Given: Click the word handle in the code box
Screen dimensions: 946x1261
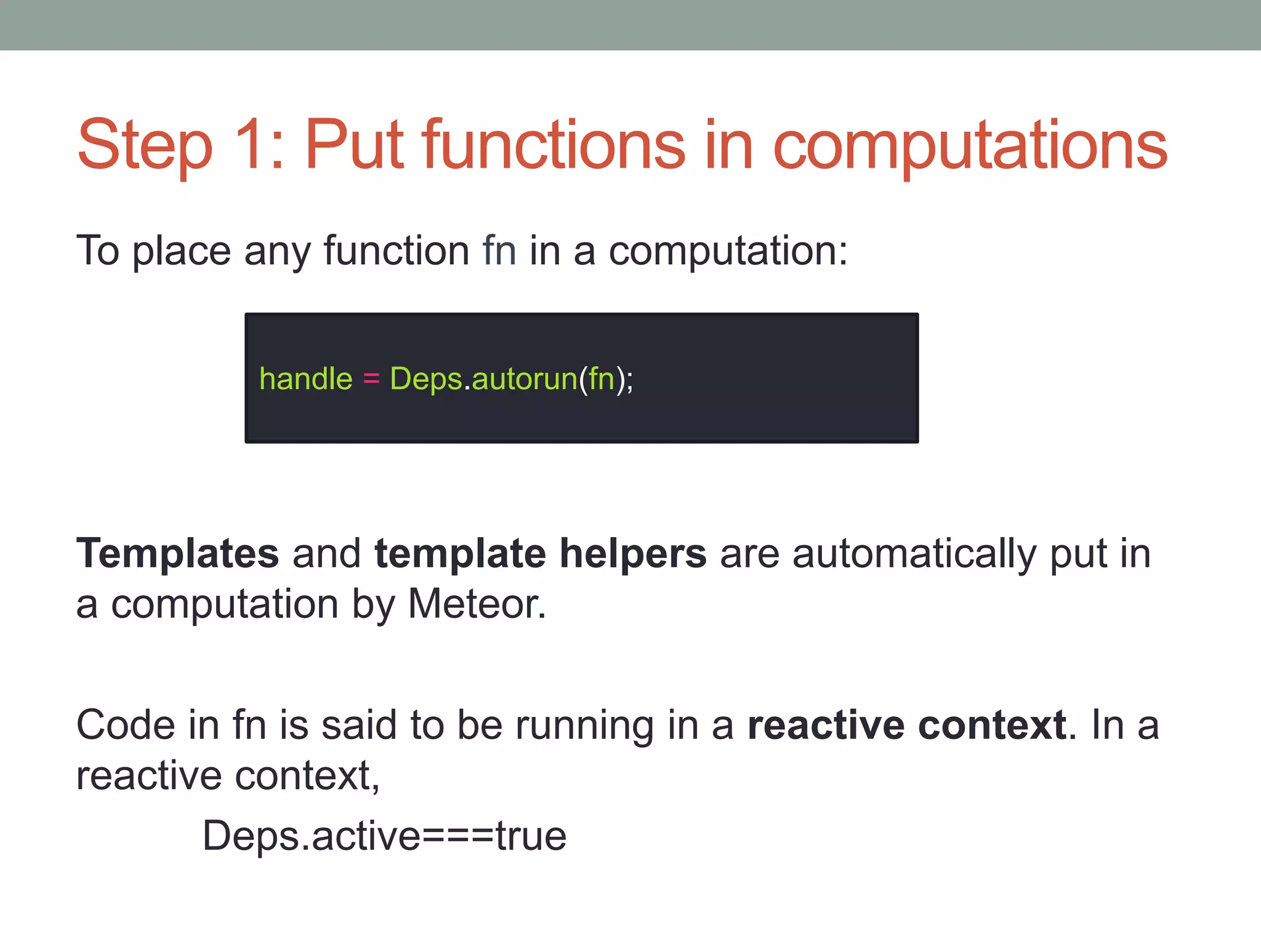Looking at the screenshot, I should click(x=306, y=378).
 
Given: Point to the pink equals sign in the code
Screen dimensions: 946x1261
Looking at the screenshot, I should click(x=371, y=378).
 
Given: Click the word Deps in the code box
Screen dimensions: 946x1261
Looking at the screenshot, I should click(x=426, y=378).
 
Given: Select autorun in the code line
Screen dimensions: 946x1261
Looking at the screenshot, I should click(x=525, y=378).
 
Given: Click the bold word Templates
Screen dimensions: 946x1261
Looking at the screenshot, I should click(x=177, y=553).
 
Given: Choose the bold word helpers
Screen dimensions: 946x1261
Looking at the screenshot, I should click(x=633, y=553).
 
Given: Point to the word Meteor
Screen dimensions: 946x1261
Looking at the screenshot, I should click(x=477, y=604).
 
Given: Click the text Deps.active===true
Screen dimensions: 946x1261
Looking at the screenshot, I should click(x=384, y=836).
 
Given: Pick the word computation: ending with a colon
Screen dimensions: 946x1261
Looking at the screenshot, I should click(x=728, y=251).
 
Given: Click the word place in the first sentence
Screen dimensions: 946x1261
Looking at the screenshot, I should click(x=182, y=251).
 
